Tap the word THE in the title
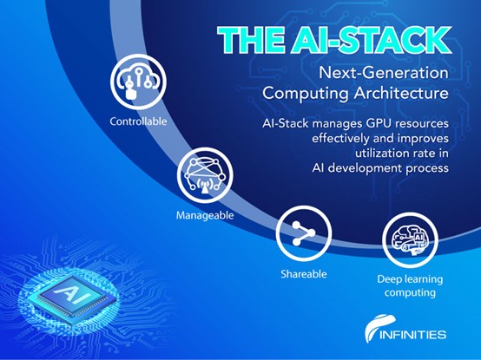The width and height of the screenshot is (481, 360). (252, 40)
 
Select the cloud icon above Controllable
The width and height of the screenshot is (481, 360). (139, 82)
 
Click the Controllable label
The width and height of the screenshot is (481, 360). (138, 121)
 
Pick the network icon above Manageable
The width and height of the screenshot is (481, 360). (205, 175)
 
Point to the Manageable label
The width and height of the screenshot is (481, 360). (205, 215)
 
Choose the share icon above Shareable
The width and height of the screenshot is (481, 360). (304, 233)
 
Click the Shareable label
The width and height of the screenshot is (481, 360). (304, 274)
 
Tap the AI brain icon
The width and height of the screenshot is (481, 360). (410, 240)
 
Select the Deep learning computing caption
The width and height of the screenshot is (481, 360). (410, 286)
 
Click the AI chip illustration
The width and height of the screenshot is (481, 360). (72, 296)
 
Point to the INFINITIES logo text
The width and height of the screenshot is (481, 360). (413, 334)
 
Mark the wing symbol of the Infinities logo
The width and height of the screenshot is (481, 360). (378, 328)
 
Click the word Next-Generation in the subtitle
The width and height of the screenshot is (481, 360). (384, 73)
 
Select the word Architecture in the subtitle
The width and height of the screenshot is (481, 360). (401, 93)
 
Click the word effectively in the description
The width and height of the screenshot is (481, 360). (341, 139)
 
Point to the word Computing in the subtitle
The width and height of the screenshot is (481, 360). (306, 94)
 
